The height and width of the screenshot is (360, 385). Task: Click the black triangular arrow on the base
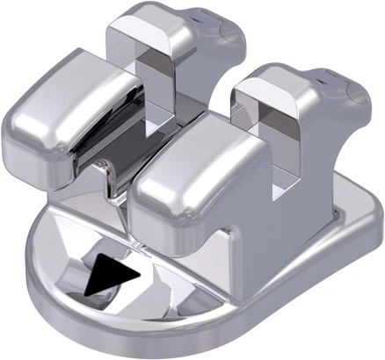[x=113, y=276]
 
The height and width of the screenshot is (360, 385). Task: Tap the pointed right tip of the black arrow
[x=139, y=275]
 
